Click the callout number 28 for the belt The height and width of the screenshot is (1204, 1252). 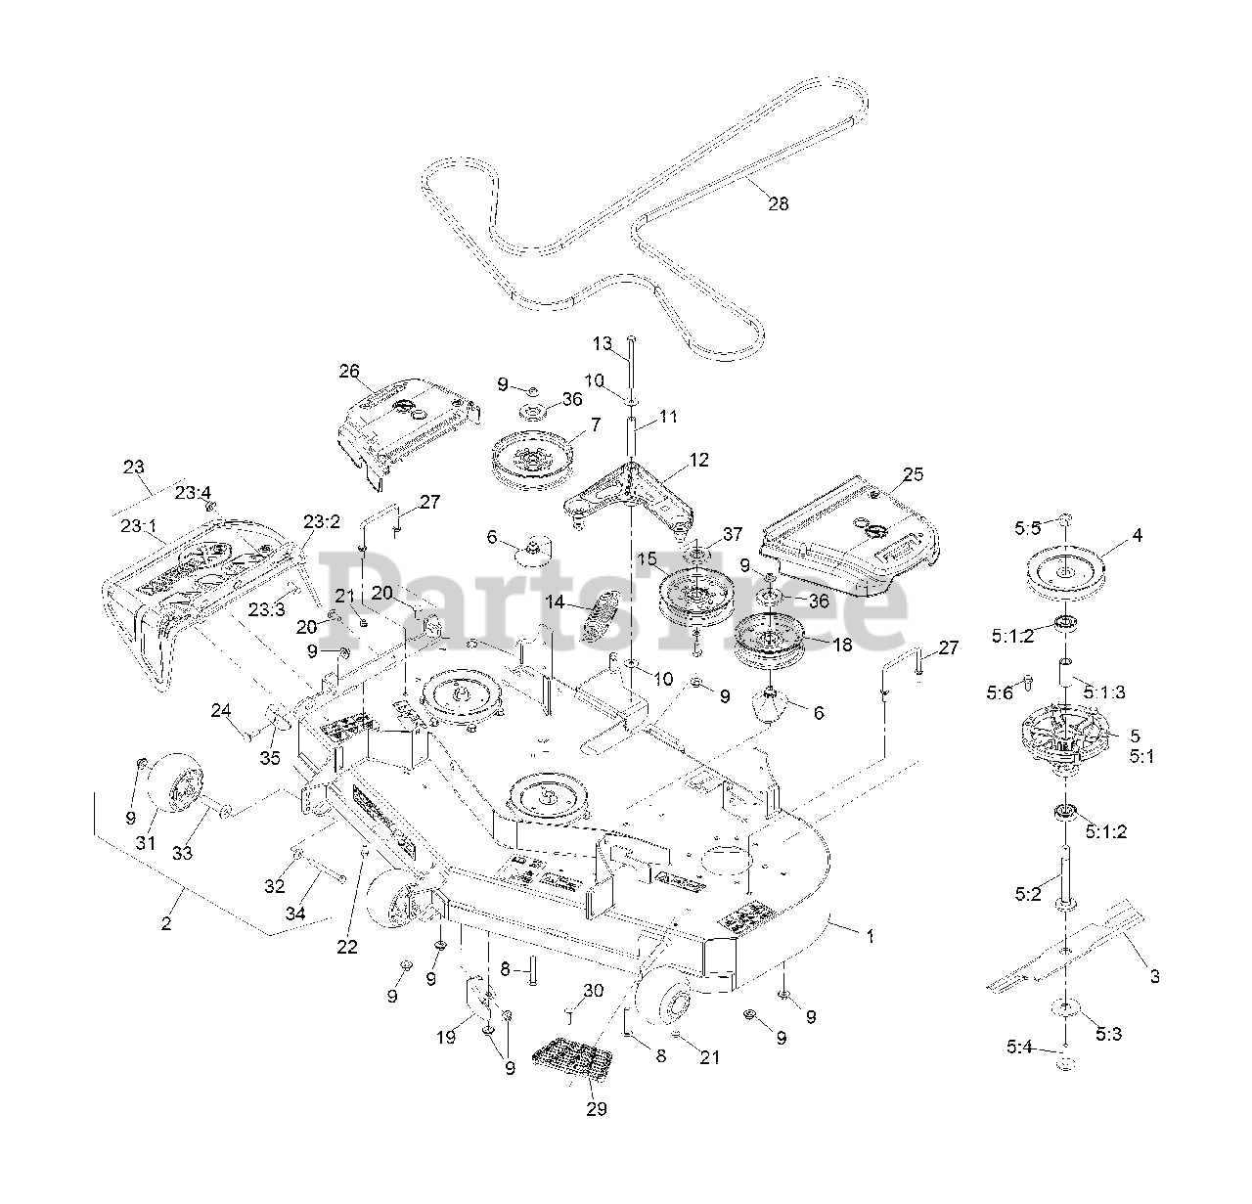pyautogui.click(x=778, y=203)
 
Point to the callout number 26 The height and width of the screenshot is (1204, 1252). pyautogui.click(x=349, y=371)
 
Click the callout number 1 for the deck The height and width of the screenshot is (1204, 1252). pyautogui.click(x=870, y=936)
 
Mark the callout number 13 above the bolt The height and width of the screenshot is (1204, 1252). pyautogui.click(x=603, y=343)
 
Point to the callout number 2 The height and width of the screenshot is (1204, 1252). pyautogui.click(x=166, y=923)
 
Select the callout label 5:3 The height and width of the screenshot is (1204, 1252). pyautogui.click(x=1108, y=1034)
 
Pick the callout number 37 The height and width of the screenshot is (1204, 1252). pyautogui.click(x=733, y=534)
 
